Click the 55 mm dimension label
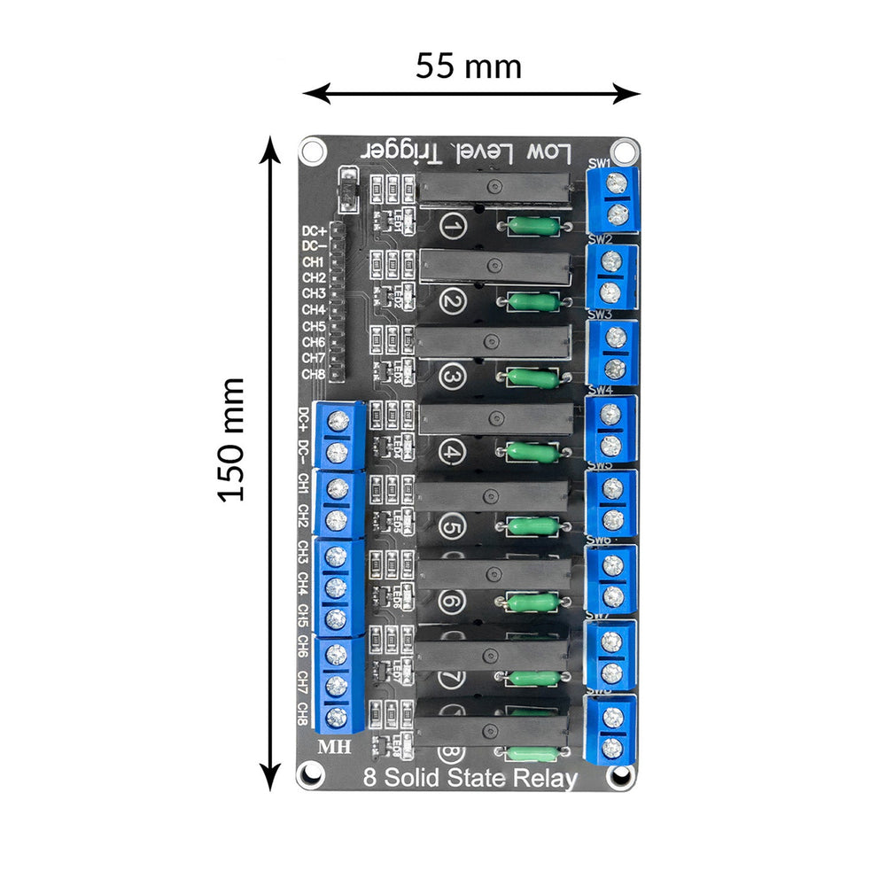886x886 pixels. [469, 66]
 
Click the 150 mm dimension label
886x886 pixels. [231, 440]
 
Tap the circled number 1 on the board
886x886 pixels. [453, 229]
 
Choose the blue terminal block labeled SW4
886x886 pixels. [612, 430]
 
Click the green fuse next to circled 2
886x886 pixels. [532, 303]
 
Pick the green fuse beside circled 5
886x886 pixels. [532, 528]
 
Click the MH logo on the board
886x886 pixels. [334, 746]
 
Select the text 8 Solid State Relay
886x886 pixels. [470, 779]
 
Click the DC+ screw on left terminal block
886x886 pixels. [338, 421]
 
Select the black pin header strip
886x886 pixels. [337, 301]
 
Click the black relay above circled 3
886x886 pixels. [493, 341]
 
